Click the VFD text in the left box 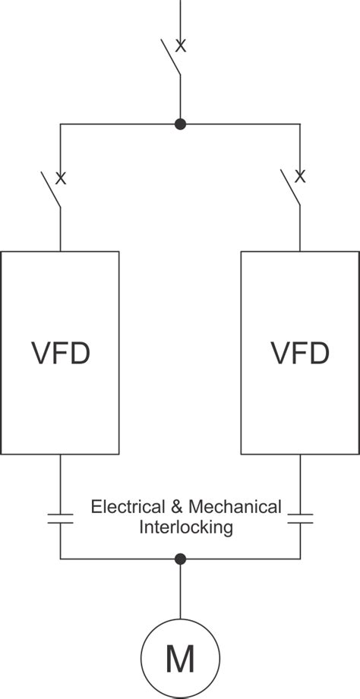(x=61, y=353)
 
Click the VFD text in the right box (x=300, y=353)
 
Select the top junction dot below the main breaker (x=180, y=124)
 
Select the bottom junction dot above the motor (x=180, y=559)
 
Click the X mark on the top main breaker (x=181, y=46)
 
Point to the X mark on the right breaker (x=300, y=178)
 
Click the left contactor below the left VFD (x=60, y=519)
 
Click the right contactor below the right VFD (x=300, y=519)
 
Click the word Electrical (x=125, y=506)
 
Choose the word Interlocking (x=185, y=527)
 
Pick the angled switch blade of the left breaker (x=52, y=189)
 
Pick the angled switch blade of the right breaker (x=291, y=189)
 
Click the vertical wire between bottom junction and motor (x=180, y=592)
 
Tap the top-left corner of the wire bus (x=61, y=124)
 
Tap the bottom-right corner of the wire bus (x=300, y=559)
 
